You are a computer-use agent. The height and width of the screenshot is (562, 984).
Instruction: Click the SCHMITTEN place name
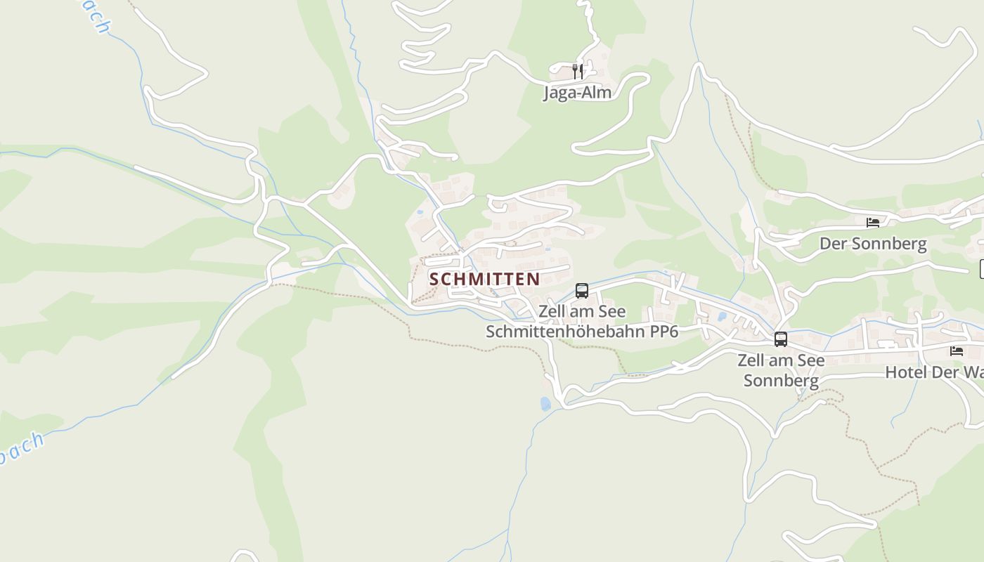[485, 279]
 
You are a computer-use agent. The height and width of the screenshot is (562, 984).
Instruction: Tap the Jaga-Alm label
[577, 92]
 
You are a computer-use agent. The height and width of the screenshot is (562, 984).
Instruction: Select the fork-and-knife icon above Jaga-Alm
[577, 70]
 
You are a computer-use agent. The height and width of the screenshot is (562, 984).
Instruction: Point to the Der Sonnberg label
[873, 244]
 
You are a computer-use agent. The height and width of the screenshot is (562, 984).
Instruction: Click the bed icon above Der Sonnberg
[873, 223]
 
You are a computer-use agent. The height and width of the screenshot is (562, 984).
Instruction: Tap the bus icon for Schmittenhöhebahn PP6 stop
[582, 290]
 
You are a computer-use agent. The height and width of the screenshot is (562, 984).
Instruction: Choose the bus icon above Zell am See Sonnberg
[780, 339]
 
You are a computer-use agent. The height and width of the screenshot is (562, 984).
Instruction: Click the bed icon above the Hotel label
[956, 351]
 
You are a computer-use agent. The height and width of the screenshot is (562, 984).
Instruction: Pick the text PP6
[664, 332]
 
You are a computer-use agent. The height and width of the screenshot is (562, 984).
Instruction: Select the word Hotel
[905, 372]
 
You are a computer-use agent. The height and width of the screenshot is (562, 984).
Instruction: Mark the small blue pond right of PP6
[720, 317]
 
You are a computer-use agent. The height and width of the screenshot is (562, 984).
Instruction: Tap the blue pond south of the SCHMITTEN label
[545, 403]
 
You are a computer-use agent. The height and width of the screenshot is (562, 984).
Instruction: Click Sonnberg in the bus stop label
[781, 381]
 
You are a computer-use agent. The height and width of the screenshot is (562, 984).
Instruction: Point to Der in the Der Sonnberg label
[832, 244]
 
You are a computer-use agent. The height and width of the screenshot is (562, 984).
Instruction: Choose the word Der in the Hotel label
[946, 372]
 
